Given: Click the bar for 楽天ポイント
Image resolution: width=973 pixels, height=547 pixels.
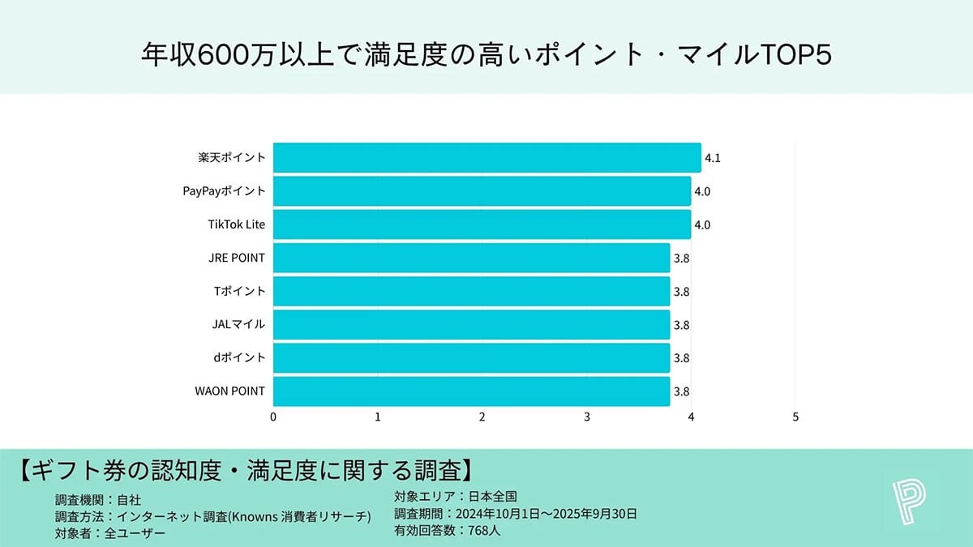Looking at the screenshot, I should point(486,158).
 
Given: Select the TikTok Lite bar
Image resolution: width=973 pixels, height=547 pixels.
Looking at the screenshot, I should point(482,224).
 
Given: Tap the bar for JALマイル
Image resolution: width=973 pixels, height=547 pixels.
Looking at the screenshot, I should point(471,325).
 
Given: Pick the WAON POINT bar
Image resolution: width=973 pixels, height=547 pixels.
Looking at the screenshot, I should point(471,391).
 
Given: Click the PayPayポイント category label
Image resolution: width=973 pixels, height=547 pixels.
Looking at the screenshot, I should point(224,191).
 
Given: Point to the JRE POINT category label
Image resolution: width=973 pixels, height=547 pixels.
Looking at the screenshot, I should point(236,258).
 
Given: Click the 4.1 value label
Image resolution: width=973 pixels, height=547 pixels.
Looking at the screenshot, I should point(713,159).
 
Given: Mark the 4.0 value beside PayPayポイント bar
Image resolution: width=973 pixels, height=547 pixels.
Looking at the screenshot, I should point(702,192).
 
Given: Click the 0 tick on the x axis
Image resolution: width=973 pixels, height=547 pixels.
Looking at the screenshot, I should point(273,417).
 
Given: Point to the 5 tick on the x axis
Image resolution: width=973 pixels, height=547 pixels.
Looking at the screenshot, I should point(795,417).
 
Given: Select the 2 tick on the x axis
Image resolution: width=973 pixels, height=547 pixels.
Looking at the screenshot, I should point(482,417).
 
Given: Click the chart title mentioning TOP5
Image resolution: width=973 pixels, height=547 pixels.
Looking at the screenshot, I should point(486,54).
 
